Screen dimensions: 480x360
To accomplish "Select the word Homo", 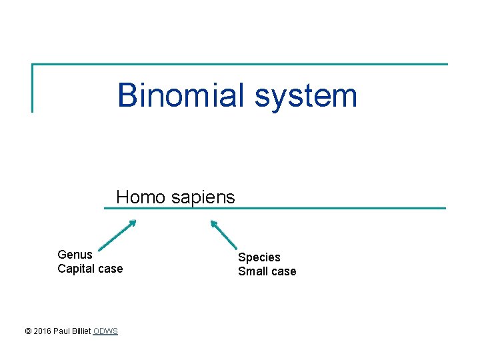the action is tap(139, 197).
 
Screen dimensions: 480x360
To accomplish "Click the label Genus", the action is tap(75, 255).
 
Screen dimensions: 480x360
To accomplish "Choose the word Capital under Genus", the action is tap(76, 269).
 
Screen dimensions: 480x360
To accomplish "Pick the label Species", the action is tap(259, 257).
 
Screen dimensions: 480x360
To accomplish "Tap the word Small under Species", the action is tap(253, 271).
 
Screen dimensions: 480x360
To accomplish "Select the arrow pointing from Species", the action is tap(225, 235).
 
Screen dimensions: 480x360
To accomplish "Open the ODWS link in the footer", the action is tap(105, 331).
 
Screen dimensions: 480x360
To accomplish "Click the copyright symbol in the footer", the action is tap(27, 331).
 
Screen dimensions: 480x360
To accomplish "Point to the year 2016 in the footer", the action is tap(42, 331).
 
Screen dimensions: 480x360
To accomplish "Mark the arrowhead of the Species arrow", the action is tap(213, 223).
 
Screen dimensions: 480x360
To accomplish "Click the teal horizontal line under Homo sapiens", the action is tap(333, 208).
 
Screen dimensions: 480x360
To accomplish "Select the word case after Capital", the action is tap(110, 269).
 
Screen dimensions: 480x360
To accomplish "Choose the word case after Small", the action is tap(283, 271).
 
